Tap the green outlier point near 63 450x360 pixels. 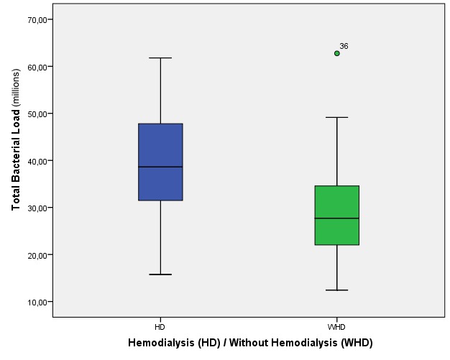[336, 53]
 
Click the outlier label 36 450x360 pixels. [344, 46]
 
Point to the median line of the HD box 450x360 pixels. [160, 167]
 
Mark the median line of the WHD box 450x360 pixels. [336, 218]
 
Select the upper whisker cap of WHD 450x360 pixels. [336, 117]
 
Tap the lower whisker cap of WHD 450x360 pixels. [336, 290]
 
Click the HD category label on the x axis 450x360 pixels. [160, 327]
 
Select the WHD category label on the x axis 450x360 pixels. [336, 327]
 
